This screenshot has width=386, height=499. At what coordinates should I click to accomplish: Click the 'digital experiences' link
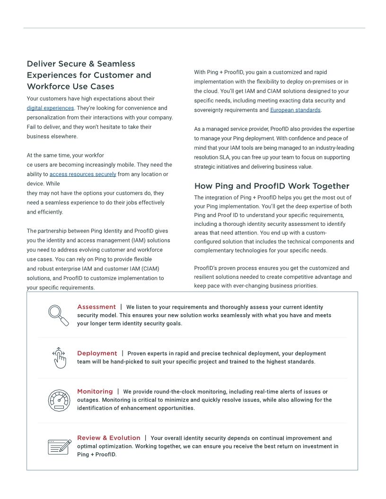click(50, 108)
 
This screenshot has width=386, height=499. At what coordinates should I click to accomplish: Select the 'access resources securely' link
click(83, 174)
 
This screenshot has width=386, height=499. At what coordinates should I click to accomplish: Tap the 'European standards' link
click(296, 110)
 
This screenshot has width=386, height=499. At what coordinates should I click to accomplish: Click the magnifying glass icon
click(59, 315)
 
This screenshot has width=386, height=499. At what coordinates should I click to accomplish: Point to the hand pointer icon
click(59, 358)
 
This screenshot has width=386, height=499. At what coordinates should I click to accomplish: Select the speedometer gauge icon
click(59, 400)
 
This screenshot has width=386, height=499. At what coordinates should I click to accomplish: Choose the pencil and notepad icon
click(60, 447)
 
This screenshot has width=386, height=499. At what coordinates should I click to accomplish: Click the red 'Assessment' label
click(96, 307)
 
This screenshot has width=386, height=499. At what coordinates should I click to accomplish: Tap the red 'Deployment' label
click(97, 353)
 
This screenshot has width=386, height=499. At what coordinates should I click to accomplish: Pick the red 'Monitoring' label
click(95, 392)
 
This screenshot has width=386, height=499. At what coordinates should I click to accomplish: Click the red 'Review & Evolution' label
click(109, 438)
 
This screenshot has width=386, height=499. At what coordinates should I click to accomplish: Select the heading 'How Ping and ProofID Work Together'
click(272, 186)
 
